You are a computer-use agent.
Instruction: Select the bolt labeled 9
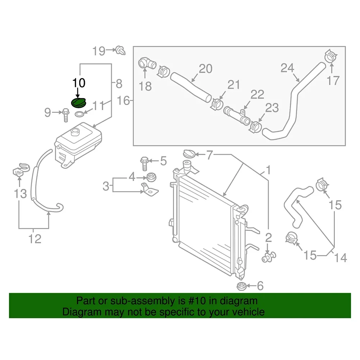click(x=66, y=114)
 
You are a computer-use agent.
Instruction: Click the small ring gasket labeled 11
click(x=80, y=115)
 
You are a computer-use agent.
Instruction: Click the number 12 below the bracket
click(x=35, y=238)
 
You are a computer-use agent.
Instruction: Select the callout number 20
click(x=206, y=68)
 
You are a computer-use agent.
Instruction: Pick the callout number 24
click(x=287, y=67)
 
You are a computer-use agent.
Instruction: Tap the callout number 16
click(x=123, y=100)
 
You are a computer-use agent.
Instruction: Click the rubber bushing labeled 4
click(x=151, y=177)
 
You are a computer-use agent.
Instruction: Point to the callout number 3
click(x=106, y=186)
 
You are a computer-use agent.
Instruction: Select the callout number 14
click(x=341, y=258)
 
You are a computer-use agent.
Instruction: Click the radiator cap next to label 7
click(x=190, y=154)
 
